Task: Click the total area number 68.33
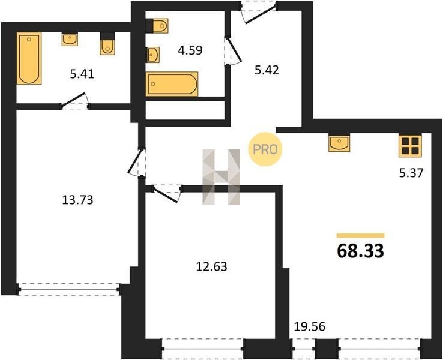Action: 361,251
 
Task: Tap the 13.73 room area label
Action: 77,200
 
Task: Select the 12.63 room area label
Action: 212,266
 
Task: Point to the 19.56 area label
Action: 310,326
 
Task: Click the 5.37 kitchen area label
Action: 411,173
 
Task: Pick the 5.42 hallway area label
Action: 267,70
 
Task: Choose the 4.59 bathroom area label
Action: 190,50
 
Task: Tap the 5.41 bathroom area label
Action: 82,74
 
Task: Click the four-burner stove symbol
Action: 410,146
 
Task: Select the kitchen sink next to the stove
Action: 339,143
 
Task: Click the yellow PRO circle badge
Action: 265,149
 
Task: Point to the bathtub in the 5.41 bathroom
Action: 29,58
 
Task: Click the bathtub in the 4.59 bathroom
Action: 172,84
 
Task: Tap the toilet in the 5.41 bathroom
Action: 107,44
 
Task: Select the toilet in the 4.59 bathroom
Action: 157,26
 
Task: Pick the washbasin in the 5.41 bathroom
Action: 70,39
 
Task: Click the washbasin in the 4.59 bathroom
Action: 153,55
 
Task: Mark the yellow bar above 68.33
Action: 361,236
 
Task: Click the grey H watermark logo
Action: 221,177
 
